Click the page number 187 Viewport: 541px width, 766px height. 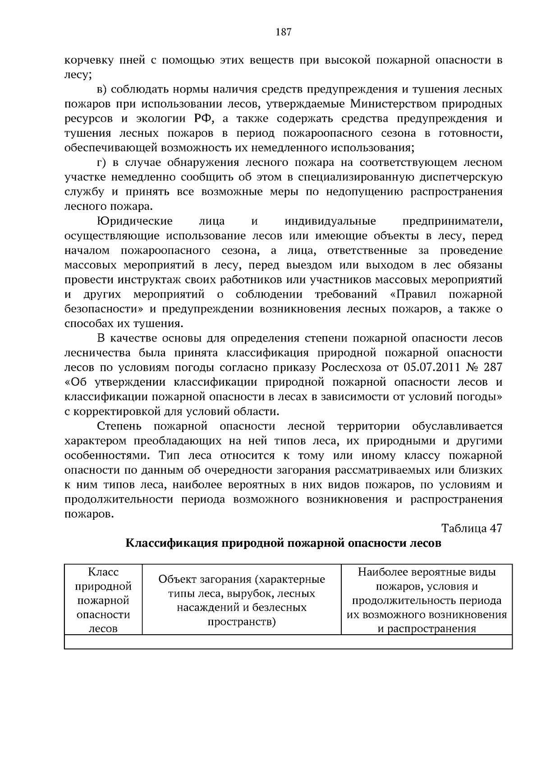[x=283, y=32]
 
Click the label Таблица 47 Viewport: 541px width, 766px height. [x=472, y=528]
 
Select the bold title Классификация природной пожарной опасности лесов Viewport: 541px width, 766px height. [x=283, y=543]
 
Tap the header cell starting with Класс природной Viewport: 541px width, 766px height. [x=103, y=600]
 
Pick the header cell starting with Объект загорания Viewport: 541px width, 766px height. [x=242, y=600]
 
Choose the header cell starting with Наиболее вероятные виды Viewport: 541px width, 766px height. [x=426, y=600]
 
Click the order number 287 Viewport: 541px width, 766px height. [x=493, y=367]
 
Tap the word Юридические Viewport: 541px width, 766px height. [x=135, y=221]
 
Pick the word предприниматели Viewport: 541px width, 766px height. [x=452, y=221]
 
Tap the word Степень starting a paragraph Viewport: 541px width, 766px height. [x=119, y=426]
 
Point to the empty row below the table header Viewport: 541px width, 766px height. [x=288, y=641]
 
